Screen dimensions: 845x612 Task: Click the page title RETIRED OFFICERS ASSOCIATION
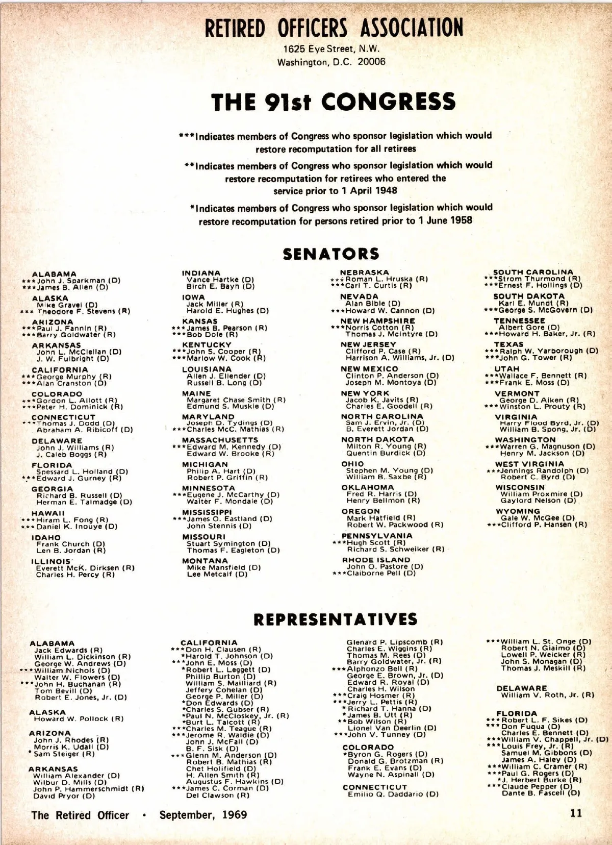point(334,28)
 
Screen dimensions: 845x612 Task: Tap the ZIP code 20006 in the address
point(371,62)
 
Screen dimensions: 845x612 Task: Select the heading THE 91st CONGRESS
point(333,102)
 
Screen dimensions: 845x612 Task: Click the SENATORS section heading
point(331,254)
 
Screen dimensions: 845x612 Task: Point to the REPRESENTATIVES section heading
point(335,619)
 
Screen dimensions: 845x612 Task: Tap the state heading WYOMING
point(518,511)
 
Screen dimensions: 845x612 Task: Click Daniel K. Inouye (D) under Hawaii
point(76,527)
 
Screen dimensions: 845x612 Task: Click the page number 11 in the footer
point(576,813)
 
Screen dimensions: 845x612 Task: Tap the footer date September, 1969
point(203,815)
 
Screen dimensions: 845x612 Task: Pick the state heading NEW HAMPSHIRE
point(377,321)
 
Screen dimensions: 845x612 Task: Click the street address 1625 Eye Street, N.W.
point(331,49)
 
